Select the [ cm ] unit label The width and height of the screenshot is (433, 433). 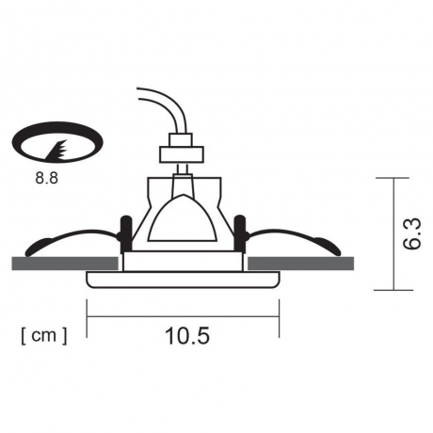click(x=42, y=334)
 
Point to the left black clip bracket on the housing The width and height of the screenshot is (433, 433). click(x=123, y=229)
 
